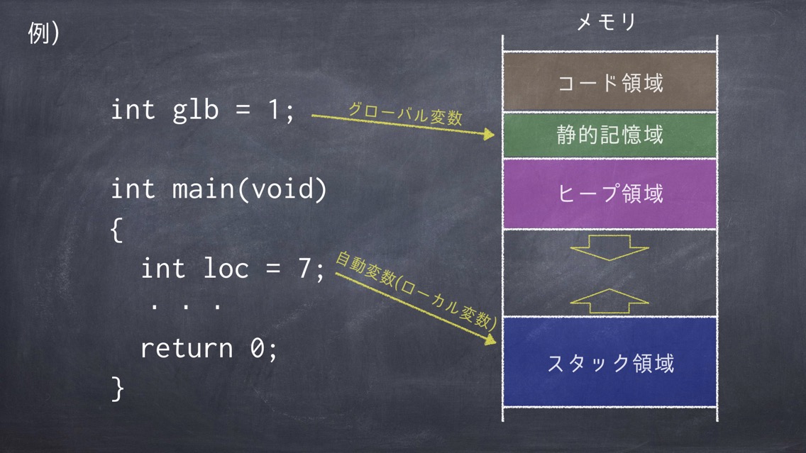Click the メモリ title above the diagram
607,22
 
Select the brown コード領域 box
609,82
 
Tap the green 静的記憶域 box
609,135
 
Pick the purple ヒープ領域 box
609,194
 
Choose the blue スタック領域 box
609,362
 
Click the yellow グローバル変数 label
405,113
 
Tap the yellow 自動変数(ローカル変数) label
416,291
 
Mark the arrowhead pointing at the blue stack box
490,339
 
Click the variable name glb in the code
195,111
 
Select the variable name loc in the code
226,268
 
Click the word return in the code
187,348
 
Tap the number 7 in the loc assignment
304,268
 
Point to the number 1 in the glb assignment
274,109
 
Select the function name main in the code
204,189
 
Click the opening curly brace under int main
116,230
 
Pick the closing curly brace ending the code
117,388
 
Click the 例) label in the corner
43,33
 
